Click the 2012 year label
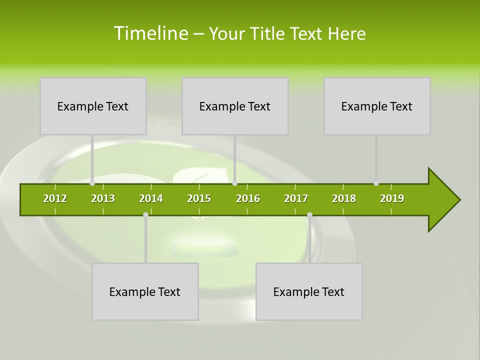coord(55,198)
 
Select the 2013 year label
coord(103,198)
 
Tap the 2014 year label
coord(151,198)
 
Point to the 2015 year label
coord(199,198)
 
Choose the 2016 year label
coord(248,198)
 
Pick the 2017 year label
coord(296,198)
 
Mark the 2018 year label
coord(344,198)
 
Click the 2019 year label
coord(392,198)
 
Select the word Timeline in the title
coord(150,33)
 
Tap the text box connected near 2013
coord(93,106)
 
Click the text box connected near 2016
coord(235,106)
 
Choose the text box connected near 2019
coord(377,106)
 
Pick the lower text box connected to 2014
coord(145,291)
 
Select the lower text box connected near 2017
coord(309,291)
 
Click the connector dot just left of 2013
coord(92,183)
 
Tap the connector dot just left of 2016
coord(235,183)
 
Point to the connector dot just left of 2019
coord(376,183)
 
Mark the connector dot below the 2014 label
coord(145,215)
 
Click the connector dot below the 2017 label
coord(309,215)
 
